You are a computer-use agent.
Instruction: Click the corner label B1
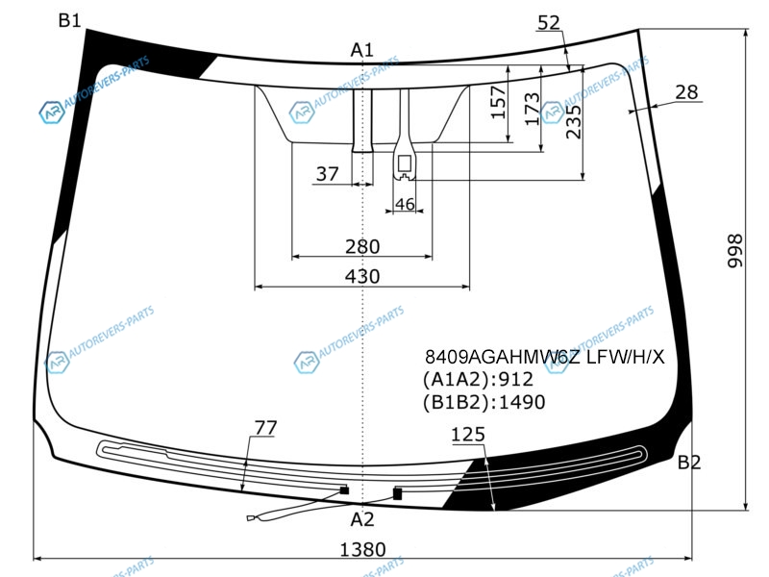69,20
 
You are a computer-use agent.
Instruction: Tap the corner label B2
689,463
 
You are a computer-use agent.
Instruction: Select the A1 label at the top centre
362,50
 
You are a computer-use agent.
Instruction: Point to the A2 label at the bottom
362,519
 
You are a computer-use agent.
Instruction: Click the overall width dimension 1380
363,549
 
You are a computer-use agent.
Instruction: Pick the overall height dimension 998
734,251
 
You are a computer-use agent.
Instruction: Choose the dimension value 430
362,276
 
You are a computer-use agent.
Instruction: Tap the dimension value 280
362,246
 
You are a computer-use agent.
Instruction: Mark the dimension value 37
327,174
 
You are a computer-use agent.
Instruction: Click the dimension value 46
405,204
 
